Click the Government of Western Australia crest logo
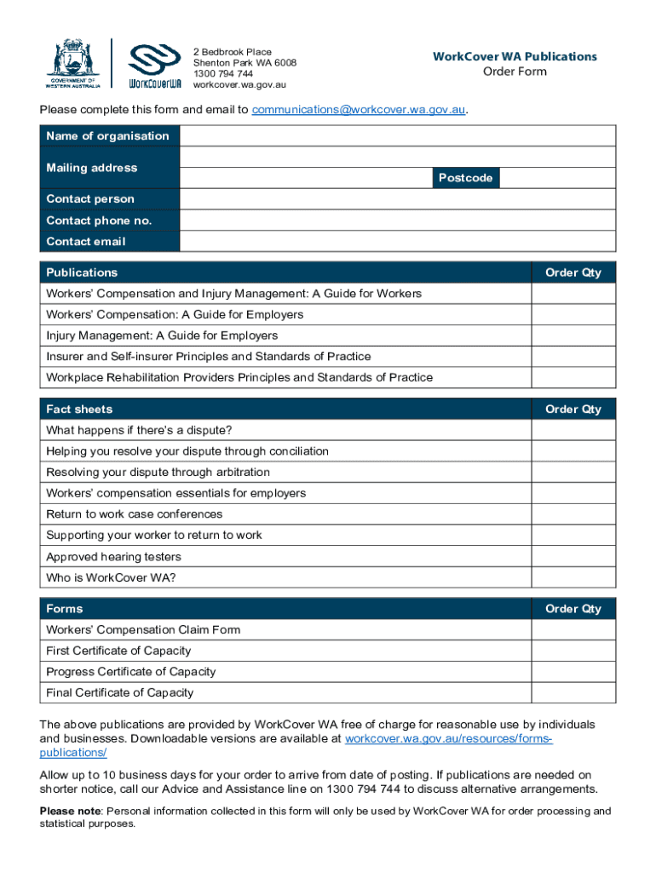[72, 64]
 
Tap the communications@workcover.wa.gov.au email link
[359, 110]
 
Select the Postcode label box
[465, 178]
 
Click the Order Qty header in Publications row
[573, 272]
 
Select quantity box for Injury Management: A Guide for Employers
[573, 336]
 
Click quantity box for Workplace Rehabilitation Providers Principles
[573, 377]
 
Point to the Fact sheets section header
[79, 410]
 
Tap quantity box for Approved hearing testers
[573, 557]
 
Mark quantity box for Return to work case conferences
[573, 514]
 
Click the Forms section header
[65, 609]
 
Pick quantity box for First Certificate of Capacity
[573, 651]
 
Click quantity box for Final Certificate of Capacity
[573, 692]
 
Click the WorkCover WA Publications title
[515, 57]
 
